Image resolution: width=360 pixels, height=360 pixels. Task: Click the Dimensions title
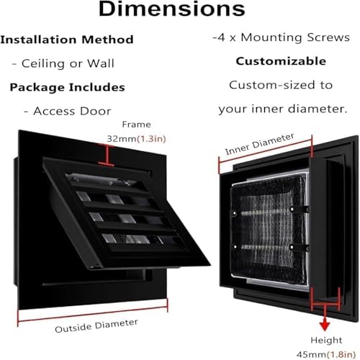click(172, 9)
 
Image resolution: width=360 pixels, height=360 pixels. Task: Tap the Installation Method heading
click(67, 40)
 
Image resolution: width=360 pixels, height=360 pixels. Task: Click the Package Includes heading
click(67, 87)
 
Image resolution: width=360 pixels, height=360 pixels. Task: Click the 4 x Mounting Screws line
click(281, 37)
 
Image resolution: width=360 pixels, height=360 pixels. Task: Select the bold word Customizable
click(281, 61)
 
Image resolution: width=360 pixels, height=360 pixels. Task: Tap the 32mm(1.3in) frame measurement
click(136, 139)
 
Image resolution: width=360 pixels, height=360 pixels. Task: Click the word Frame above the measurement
click(136, 125)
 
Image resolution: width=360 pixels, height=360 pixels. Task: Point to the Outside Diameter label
click(96, 325)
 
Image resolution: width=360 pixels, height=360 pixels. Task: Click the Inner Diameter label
click(259, 144)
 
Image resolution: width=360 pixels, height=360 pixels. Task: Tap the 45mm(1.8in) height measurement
click(326, 354)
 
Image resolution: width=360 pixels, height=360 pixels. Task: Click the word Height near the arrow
click(326, 340)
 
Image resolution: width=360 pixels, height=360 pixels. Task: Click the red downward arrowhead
click(325, 326)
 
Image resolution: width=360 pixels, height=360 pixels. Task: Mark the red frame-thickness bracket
click(107, 155)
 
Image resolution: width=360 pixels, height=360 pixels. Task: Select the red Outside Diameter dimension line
click(93, 312)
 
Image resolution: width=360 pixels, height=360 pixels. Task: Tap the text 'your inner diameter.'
click(283, 109)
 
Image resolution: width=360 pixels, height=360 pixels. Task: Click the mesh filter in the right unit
click(269, 229)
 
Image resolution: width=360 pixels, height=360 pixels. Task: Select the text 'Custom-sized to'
click(281, 85)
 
